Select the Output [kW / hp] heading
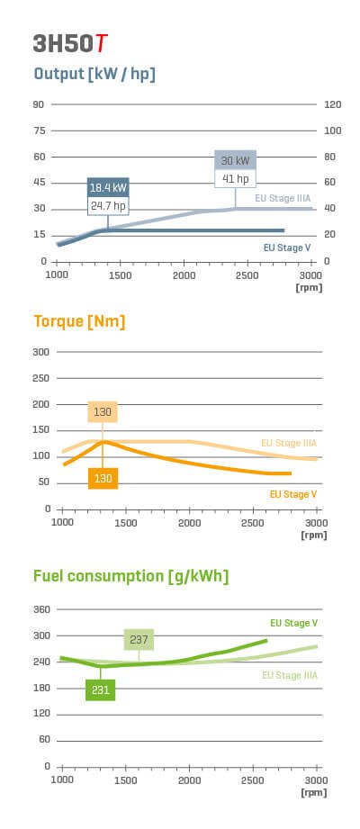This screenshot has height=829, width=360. click(x=94, y=74)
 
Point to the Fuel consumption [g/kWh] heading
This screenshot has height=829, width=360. click(x=130, y=576)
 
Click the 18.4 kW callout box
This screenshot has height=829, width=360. click(x=108, y=187)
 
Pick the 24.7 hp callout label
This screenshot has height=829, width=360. click(x=108, y=206)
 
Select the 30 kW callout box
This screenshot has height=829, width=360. click(x=235, y=160)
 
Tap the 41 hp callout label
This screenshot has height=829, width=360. click(x=235, y=178)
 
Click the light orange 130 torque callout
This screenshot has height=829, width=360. click(x=103, y=412)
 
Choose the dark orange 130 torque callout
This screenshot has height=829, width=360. click(x=103, y=478)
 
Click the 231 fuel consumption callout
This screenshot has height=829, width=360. click(x=100, y=689)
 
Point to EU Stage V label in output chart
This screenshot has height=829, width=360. click(x=287, y=247)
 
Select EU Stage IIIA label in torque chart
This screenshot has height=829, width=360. click(x=289, y=443)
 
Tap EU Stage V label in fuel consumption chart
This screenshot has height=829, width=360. click(x=293, y=623)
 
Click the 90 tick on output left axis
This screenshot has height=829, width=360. click(x=39, y=104)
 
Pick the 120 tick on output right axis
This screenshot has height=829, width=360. click(x=332, y=104)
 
